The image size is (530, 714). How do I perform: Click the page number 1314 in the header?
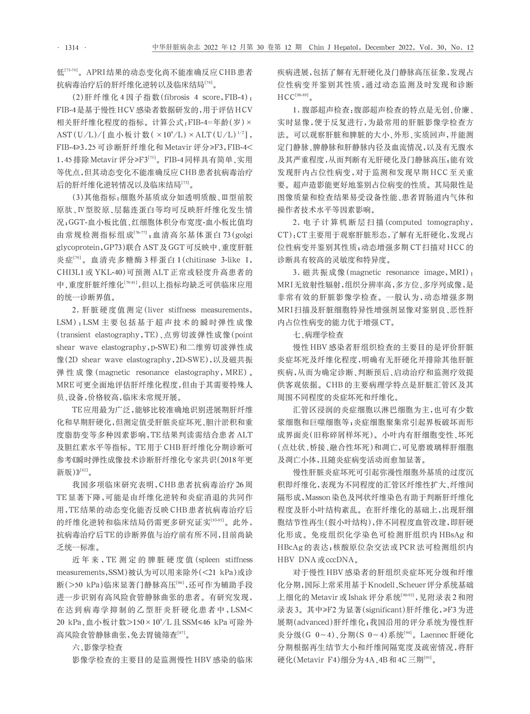[71, 47]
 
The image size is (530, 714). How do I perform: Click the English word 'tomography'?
[446, 223]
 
